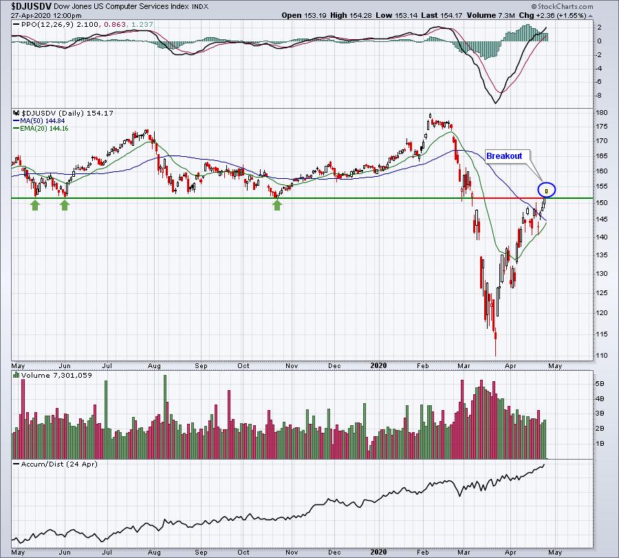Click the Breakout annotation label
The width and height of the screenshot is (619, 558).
click(504, 156)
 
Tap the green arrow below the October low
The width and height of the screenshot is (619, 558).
click(277, 205)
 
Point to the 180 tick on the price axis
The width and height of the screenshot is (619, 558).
click(600, 112)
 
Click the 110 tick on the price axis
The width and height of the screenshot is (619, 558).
click(600, 355)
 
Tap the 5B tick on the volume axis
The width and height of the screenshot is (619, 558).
click(600, 383)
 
